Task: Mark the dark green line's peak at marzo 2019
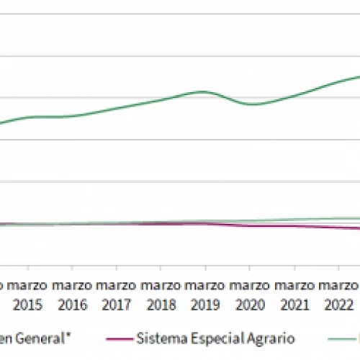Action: [x=205, y=91]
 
